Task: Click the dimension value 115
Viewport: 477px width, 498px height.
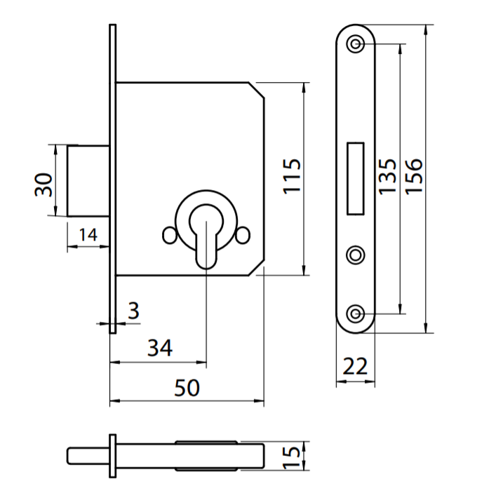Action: [293, 176]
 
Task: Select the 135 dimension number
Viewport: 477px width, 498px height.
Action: [387, 176]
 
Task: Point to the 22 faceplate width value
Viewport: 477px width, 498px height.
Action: [356, 365]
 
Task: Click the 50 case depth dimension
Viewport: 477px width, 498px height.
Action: [187, 386]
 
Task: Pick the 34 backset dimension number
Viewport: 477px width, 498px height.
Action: [159, 347]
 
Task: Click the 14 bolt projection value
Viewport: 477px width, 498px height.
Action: [88, 234]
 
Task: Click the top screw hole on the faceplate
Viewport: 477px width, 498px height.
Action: [356, 43]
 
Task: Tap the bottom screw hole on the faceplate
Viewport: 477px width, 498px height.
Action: [356, 314]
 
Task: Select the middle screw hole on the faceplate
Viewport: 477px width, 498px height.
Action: [356, 254]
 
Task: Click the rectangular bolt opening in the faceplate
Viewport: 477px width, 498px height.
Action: [356, 177]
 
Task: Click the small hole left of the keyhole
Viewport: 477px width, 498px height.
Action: [168, 236]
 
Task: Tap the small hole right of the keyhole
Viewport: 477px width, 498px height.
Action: [244, 236]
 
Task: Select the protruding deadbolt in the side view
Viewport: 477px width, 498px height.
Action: [88, 180]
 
